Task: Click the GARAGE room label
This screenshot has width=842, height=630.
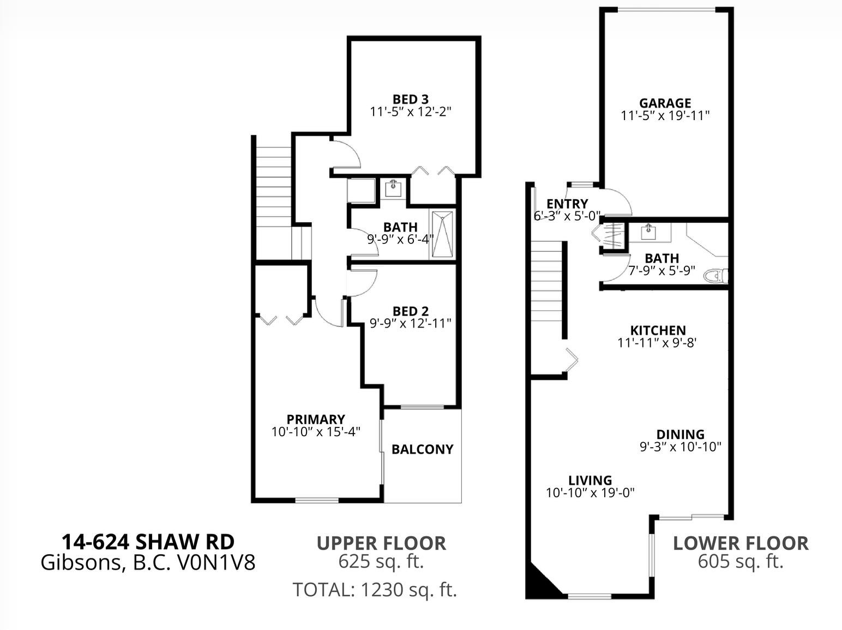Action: click(x=665, y=103)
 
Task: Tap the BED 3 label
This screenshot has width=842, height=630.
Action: click(x=411, y=99)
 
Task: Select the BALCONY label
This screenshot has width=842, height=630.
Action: click(x=422, y=449)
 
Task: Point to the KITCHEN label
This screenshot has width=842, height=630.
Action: click(x=658, y=330)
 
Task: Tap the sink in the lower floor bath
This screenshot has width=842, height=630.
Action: click(x=648, y=232)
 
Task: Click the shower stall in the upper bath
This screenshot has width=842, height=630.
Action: click(x=443, y=234)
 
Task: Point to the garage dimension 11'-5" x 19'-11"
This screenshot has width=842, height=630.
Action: click(x=665, y=116)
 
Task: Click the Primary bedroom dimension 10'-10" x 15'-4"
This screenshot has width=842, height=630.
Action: click(x=316, y=432)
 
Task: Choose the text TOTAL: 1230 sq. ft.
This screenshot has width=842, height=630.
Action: click(x=375, y=590)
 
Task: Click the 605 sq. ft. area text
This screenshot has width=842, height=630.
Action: click(x=741, y=562)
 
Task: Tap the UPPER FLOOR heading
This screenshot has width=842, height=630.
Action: click(x=381, y=543)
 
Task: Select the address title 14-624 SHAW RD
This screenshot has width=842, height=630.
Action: click(x=148, y=542)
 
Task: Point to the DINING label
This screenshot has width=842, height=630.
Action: click(x=681, y=434)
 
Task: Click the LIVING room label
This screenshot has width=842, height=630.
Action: click(x=590, y=480)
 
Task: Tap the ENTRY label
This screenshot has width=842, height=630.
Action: click(x=567, y=204)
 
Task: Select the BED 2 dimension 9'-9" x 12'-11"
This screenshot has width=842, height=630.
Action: click(x=410, y=323)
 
